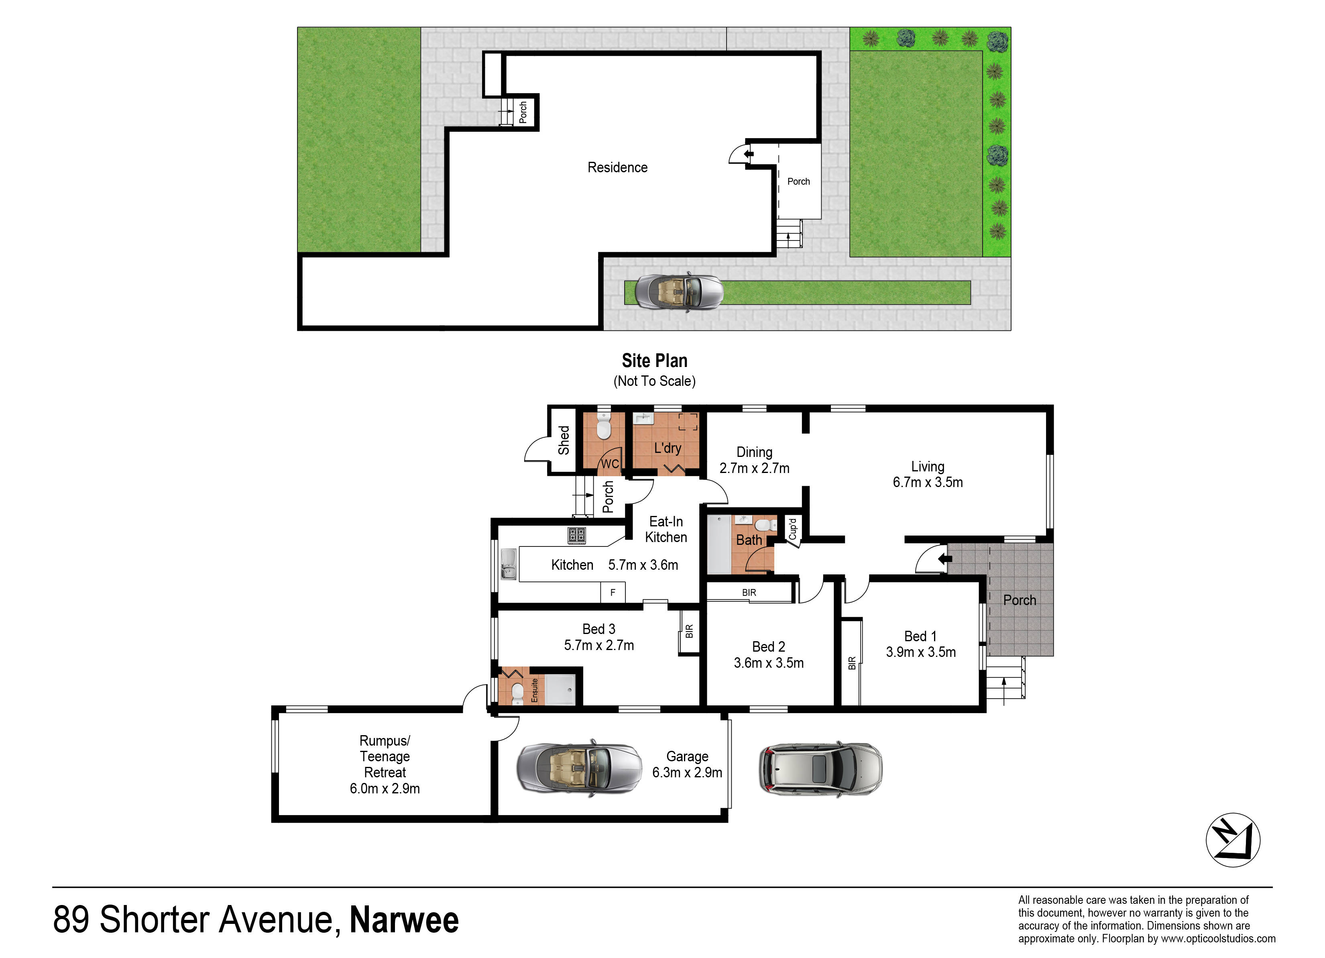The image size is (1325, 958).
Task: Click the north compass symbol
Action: pos(1233,840)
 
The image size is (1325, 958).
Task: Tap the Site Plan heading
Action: pos(654,361)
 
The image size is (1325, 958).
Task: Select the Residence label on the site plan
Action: pos(617,168)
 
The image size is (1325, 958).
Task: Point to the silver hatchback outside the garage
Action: pos(820,768)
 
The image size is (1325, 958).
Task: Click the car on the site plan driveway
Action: pos(679,291)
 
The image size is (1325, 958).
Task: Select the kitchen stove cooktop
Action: pos(577,535)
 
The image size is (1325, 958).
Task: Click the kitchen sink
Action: pos(508,564)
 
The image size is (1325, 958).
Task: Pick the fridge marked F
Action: pos(613,592)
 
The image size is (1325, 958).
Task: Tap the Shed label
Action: pos(564,440)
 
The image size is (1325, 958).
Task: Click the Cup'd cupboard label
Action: pos(793,528)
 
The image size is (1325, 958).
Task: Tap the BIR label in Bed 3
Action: pos(689,631)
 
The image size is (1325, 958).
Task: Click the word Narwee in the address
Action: pos(404,919)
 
